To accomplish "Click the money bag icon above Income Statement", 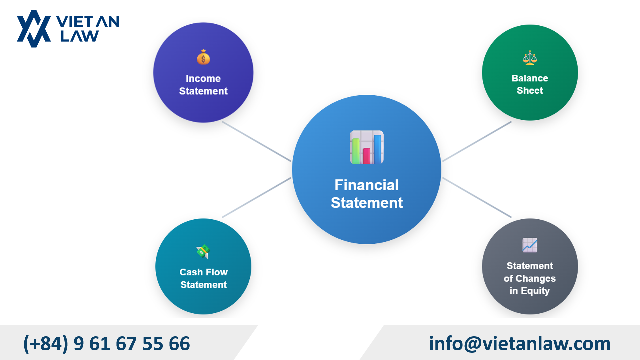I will (203, 57).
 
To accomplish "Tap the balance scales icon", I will (530, 58).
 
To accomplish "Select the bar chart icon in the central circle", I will (366, 147).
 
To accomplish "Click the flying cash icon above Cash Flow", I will (203, 251).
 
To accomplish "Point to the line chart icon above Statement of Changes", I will (530, 245).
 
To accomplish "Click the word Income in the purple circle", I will (203, 78).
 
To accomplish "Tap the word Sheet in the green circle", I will (530, 90).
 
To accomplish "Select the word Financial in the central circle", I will (366, 185).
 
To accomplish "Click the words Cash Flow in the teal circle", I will (203, 272).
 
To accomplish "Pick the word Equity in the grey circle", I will (535, 291).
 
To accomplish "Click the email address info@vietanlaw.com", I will (519, 343).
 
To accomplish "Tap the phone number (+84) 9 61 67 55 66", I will (107, 343).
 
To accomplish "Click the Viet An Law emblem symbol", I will (34, 29).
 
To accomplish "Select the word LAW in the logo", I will (79, 36).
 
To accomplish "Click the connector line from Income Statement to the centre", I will (256, 141).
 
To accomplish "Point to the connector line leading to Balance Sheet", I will (477, 141).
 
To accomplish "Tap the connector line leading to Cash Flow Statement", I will (256, 198).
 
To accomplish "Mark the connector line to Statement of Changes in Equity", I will (477, 198).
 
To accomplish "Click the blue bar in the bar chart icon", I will (377, 149).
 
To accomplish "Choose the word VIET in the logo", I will (74, 22).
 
